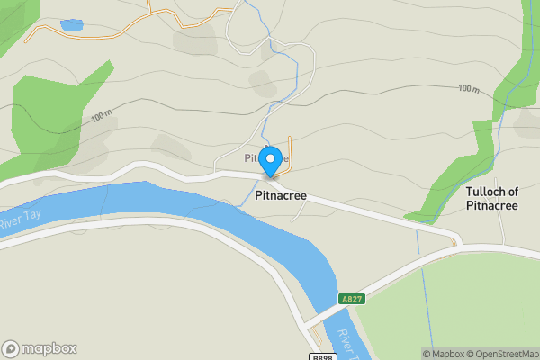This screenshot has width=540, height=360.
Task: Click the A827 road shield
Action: (351, 299)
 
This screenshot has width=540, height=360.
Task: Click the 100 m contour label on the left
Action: (101, 116)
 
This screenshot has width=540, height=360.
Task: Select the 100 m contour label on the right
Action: (467, 88)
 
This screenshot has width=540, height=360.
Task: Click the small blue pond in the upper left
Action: (70, 26)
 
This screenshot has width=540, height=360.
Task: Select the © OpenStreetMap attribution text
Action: (504, 354)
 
